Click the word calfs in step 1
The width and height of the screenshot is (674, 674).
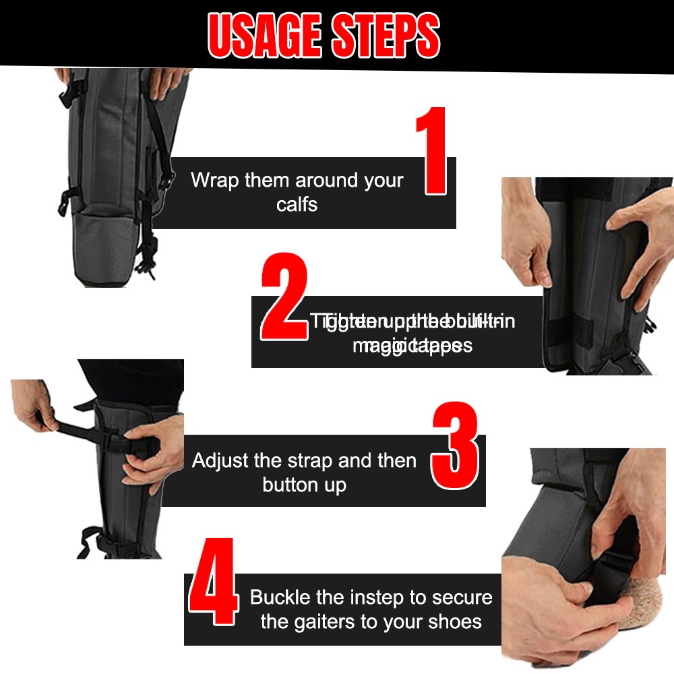[x=297, y=204]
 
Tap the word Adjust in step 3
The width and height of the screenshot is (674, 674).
[x=221, y=461]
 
